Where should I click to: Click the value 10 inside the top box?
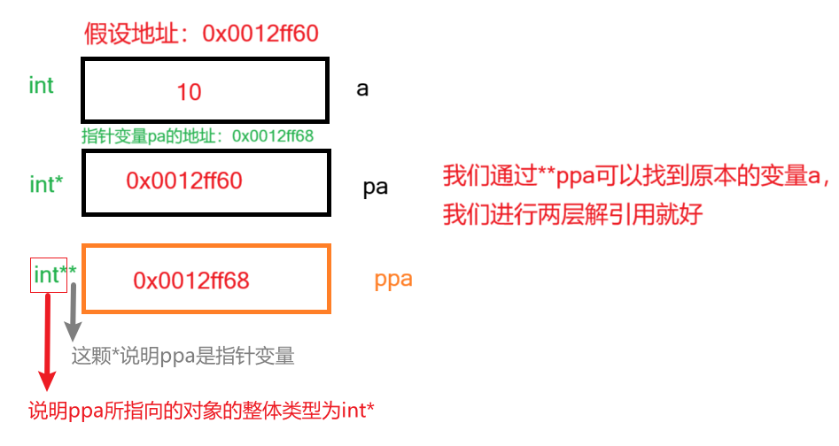tap(189, 91)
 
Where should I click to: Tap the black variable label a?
tap(362, 89)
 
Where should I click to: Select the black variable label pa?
tap(375, 188)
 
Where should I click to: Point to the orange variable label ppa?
tap(393, 279)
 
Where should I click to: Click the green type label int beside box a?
tap(42, 86)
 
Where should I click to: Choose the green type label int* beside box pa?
tap(45, 184)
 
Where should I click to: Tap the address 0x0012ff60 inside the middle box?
tap(184, 181)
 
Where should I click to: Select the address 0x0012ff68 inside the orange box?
tap(191, 281)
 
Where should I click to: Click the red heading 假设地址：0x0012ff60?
tap(200, 34)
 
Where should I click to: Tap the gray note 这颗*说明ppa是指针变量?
tap(183, 356)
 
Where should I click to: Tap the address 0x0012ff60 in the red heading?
tap(260, 34)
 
